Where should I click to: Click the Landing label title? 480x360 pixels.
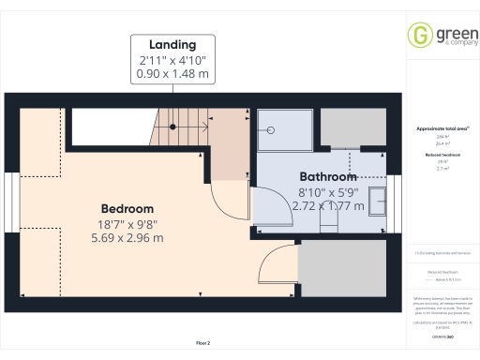[x=172, y=44]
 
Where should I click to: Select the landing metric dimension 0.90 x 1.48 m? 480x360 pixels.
[x=172, y=72]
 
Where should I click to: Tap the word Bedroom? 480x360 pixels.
[x=127, y=207]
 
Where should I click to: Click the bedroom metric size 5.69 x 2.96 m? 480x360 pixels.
[x=127, y=238]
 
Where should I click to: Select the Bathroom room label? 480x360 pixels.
[x=327, y=176]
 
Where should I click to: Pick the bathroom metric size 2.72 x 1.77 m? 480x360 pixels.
[x=328, y=204]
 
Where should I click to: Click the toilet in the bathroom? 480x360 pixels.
[x=328, y=218]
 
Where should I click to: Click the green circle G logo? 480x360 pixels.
[x=418, y=34]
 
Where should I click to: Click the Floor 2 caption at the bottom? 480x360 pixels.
[x=202, y=344]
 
